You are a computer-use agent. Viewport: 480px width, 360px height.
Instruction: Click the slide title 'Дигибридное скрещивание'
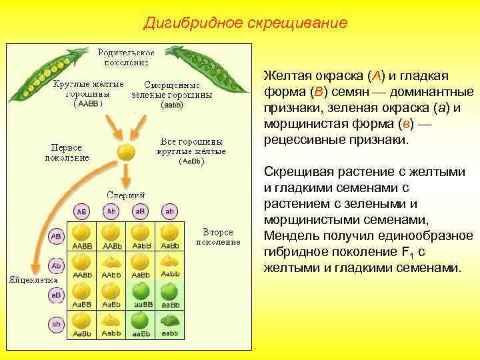[245, 23]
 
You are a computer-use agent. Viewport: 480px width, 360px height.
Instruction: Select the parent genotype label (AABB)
[87, 105]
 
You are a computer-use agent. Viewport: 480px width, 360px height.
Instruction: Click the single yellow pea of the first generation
[125, 152]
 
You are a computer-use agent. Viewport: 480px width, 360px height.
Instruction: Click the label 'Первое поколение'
[67, 152]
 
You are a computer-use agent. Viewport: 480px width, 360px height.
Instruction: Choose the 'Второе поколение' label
[218, 237]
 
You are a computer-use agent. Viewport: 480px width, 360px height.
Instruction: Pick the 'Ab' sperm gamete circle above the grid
[111, 211]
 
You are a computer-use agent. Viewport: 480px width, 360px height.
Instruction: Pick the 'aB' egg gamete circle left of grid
[57, 294]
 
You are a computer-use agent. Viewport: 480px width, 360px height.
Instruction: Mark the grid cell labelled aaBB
[141, 294]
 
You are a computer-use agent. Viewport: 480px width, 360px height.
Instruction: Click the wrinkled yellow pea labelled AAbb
[111, 265]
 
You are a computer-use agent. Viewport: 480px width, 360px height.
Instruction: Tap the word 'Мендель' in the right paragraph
[292, 236]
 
